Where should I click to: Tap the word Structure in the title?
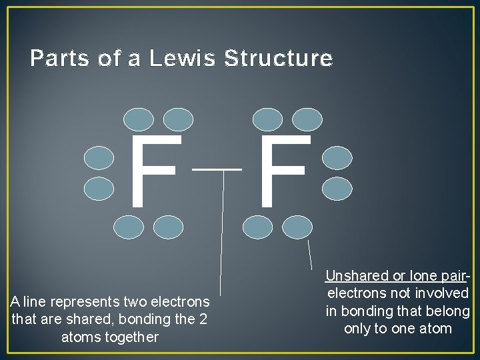(279, 59)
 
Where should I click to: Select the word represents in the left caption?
(85, 302)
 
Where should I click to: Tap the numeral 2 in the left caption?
(202, 319)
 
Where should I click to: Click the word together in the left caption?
(110, 337)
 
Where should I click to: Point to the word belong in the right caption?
(448, 311)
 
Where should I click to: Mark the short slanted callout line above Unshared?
(309, 254)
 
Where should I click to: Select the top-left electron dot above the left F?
(139, 119)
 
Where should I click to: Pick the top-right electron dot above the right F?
(307, 119)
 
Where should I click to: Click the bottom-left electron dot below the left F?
(128, 227)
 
